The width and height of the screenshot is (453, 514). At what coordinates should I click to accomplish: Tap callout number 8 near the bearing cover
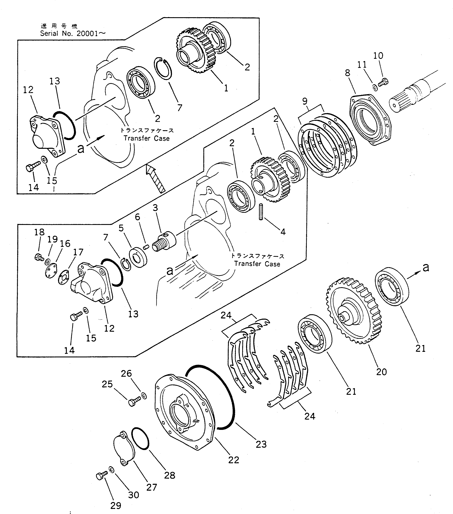point(347,73)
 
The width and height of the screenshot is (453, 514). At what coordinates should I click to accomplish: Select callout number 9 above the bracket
point(305,101)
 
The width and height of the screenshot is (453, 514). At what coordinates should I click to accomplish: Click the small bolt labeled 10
point(383,82)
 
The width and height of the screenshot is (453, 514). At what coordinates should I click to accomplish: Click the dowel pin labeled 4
point(261,212)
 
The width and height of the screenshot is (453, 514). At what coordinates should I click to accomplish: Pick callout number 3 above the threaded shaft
point(155,208)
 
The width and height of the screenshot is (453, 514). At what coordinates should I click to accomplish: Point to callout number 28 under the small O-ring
point(170,475)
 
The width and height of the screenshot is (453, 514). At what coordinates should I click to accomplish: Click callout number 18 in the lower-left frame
point(39,232)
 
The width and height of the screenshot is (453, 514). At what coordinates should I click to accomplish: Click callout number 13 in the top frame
point(55,81)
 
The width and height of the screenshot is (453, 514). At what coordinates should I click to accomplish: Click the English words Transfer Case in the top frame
point(147,138)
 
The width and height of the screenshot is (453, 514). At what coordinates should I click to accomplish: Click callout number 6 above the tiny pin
point(138,217)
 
